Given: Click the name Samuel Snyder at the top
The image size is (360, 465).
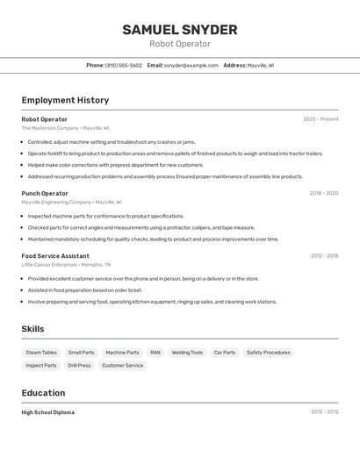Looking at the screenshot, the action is [179, 29].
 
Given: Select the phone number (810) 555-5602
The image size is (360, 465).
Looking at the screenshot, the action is [123, 65].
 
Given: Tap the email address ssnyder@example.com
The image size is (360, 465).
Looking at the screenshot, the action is [191, 65].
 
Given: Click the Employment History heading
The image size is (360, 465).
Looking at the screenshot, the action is [65, 100].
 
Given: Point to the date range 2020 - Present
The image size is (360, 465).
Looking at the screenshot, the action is [320, 119].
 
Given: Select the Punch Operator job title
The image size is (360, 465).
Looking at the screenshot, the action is [45, 193].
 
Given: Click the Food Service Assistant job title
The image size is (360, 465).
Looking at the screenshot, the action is [55, 256].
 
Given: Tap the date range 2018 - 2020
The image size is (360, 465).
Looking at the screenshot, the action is [323, 193].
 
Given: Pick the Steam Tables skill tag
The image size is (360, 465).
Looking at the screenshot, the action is [41, 353].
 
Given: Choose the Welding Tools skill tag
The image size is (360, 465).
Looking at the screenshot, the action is [187, 353].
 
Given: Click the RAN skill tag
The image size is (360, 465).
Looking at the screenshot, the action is [155, 353].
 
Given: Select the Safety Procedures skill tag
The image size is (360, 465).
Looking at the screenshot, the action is [268, 353].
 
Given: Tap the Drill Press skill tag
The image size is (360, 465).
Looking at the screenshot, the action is [79, 365].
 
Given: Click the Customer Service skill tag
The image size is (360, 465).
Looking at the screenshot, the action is [122, 365].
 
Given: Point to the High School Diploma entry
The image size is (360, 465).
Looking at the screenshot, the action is [48, 412].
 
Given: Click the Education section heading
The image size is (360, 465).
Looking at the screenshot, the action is [43, 393].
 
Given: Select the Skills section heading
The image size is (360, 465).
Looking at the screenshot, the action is [32, 329].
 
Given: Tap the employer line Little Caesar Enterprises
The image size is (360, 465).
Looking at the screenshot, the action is [66, 264].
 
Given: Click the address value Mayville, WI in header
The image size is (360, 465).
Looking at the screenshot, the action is [260, 65].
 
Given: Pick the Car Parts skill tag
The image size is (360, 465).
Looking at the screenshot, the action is [225, 353].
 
